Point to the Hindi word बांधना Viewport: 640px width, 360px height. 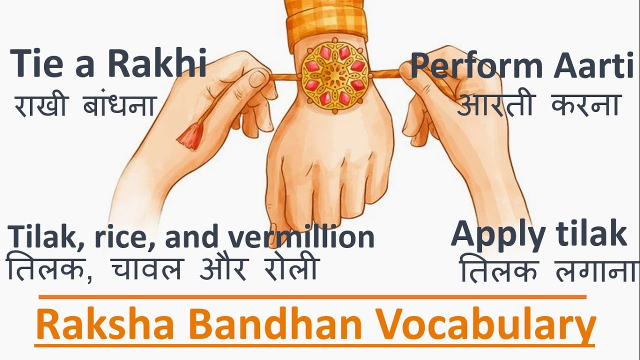[118, 105]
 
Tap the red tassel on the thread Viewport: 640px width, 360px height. [190, 134]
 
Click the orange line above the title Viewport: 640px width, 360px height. [312, 297]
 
